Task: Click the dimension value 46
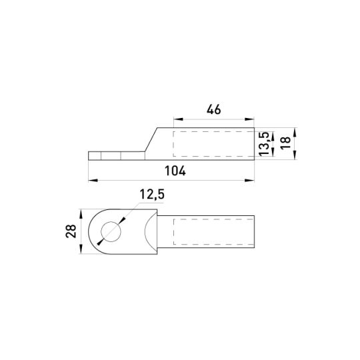pyautogui.click(x=214, y=109)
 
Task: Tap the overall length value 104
pyautogui.click(x=175, y=171)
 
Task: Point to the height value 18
pyautogui.click(x=286, y=143)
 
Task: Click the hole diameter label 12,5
pyautogui.click(x=152, y=194)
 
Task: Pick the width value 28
pyautogui.click(x=71, y=231)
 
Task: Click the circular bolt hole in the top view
pyautogui.click(x=111, y=231)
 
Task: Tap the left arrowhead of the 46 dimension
pyautogui.click(x=179, y=119)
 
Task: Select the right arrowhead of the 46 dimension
pyautogui.click(x=249, y=119)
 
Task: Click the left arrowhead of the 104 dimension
pyautogui.click(x=93, y=181)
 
